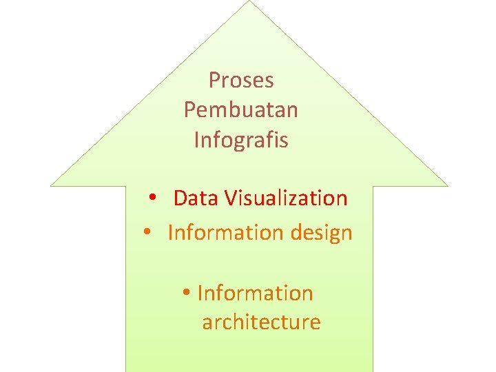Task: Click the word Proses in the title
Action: coord(241,81)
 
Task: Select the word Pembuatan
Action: coord(241,110)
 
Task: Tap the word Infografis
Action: coord(241,140)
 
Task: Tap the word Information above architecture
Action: coord(256,293)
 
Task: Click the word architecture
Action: coord(261,322)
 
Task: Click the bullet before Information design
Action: coord(147,234)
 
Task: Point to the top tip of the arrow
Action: coord(249,1)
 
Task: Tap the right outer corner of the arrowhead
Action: coord(447,185)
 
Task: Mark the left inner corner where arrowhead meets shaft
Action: coord(126,186)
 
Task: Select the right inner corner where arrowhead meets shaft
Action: coord(373,186)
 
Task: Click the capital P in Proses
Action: coord(214,81)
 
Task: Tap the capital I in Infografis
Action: coord(197,140)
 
